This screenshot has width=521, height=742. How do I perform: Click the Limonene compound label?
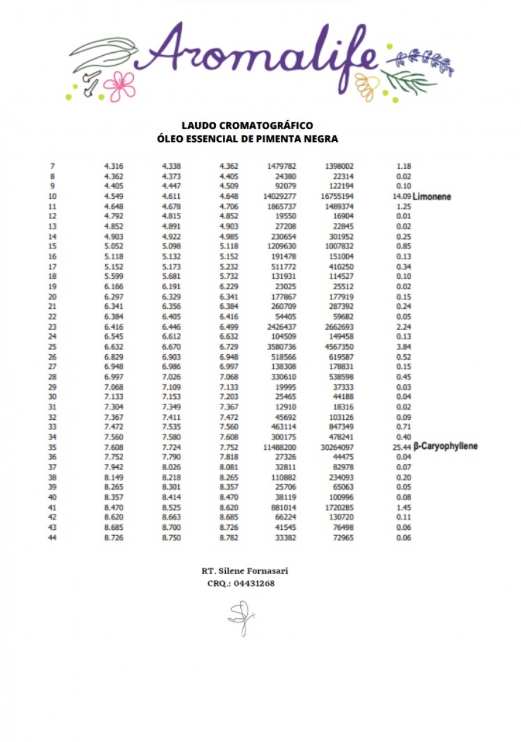[431, 197]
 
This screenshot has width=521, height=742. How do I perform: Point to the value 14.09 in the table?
[401, 197]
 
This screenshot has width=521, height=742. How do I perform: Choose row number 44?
[52, 537]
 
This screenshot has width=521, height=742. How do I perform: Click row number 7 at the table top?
[53, 166]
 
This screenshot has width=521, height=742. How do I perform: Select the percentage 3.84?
[404, 347]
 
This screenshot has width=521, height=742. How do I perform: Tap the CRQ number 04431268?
[254, 583]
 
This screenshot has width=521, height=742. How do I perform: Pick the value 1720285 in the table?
[337, 507]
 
